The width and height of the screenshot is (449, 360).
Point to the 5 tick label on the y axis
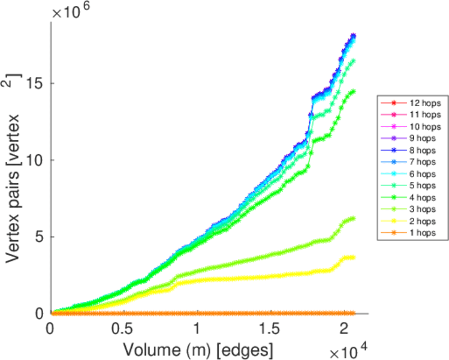(x=40, y=236)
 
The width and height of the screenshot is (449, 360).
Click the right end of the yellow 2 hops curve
(x=353, y=257)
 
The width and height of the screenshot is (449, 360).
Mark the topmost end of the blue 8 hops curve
(x=354, y=35)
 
